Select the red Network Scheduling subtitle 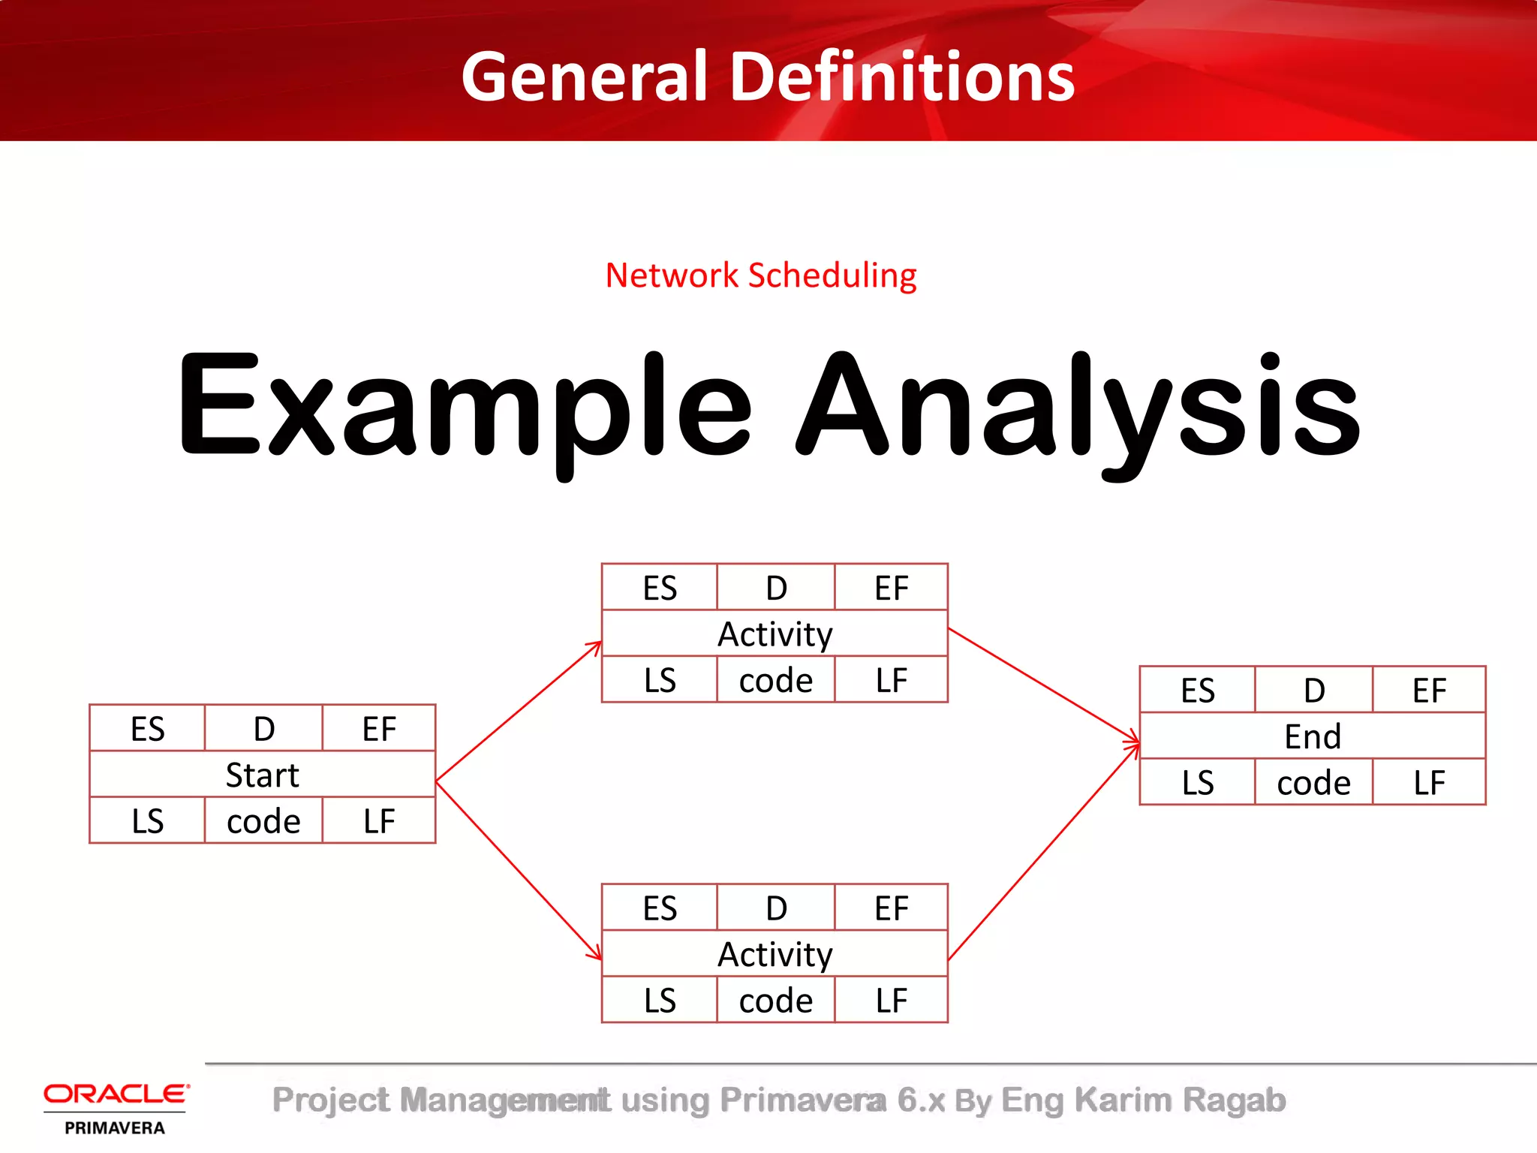pos(760,275)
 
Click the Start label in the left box pos(262,775)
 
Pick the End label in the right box pos(1312,736)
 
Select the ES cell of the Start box pos(147,729)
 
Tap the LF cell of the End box pos(1429,783)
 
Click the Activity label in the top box pos(775,634)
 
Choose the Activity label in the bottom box pos(775,955)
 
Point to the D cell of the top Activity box pos(776,588)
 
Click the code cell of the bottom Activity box pos(775,1001)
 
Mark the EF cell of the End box pos(1429,691)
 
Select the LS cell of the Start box pos(147,821)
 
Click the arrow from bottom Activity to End pos(1043,852)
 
